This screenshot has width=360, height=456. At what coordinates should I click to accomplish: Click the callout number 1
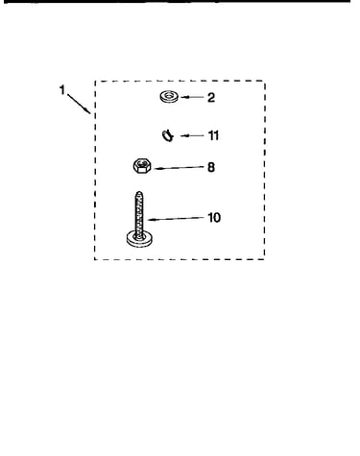point(62,89)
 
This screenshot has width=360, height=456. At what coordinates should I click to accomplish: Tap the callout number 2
point(211,97)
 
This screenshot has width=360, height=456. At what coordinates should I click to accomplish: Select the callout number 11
point(213,135)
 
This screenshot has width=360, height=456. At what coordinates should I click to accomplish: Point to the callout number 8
point(211,167)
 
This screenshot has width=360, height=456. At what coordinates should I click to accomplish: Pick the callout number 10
point(214,218)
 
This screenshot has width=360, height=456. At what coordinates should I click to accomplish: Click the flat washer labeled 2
point(169,97)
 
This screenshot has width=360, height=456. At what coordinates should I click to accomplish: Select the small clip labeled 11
point(168,135)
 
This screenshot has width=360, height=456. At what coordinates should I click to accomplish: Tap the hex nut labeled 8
point(142,166)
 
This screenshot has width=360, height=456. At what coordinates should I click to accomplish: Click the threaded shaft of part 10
point(139,214)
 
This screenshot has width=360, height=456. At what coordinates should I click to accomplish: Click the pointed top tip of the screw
point(139,192)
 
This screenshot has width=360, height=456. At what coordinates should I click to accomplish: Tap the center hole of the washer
point(169,95)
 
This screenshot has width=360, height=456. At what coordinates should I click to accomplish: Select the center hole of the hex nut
point(142,163)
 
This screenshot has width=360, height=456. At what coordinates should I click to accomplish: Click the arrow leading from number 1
point(79,103)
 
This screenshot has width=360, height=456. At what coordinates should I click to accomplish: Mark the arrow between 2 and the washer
point(192,97)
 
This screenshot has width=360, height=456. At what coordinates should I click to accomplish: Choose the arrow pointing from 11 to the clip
point(192,135)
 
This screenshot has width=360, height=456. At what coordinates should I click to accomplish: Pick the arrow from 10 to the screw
point(177,219)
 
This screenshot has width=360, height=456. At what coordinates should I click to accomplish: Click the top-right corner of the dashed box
point(265,81)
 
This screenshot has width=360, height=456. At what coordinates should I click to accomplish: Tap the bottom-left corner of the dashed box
point(95,259)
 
